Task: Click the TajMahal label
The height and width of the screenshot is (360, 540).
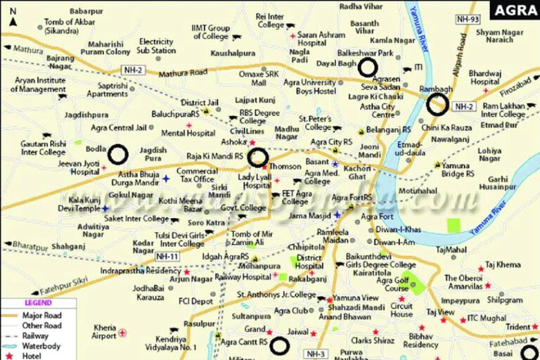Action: click(451, 250)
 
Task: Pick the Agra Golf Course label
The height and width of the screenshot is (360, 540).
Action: click(393, 284)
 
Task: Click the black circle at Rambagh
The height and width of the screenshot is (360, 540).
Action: click(437, 104)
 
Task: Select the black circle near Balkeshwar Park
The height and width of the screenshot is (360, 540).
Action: click(367, 67)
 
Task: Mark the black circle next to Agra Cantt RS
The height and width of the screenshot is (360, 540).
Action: click(280, 345)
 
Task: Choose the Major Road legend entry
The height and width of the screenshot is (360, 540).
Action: click(42, 316)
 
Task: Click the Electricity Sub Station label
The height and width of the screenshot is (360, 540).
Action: click(156, 46)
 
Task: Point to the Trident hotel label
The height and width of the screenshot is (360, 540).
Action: click(517, 327)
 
